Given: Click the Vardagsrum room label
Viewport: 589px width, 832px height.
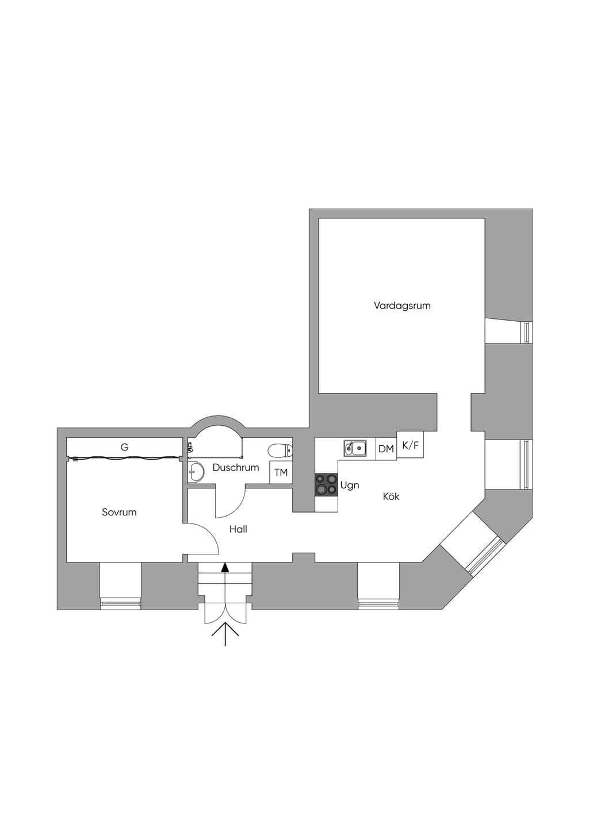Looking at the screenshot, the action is tap(402, 306).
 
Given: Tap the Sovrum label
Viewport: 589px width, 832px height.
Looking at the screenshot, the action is tap(119, 512).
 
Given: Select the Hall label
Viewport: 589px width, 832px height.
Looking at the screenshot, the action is tap(238, 529).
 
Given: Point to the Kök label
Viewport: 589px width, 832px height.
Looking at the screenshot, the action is tap(391, 496).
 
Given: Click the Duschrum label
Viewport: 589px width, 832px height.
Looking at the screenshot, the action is tap(236, 467).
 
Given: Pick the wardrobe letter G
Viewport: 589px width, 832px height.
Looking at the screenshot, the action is tap(125, 447).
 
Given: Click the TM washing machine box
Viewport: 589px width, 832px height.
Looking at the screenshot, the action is tap(281, 472).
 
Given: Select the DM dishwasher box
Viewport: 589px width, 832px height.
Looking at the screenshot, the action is tap(386, 449).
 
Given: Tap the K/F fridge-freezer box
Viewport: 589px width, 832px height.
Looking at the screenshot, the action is tap(411, 445).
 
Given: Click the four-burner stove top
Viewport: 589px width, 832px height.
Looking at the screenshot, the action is tap(327, 485).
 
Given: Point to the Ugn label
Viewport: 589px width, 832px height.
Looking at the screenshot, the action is tap(350, 486).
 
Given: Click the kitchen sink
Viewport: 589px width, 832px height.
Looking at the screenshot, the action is tap(355, 448).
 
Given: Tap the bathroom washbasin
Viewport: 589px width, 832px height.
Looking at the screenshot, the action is tap(196, 472).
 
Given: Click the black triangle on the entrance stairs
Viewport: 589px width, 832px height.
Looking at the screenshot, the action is tap(225, 568).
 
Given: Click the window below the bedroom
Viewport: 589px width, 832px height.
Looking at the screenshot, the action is tap(120, 605).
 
